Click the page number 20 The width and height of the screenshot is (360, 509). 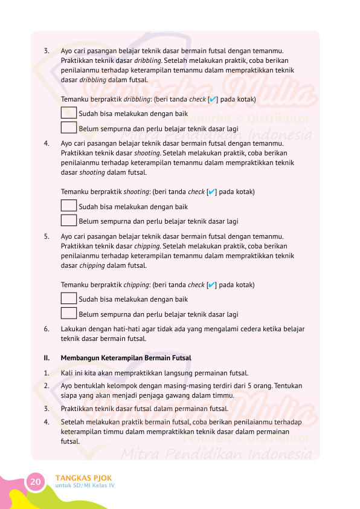(x=36, y=482)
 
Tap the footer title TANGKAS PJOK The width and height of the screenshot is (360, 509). (x=83, y=478)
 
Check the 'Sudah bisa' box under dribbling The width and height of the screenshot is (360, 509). (x=69, y=113)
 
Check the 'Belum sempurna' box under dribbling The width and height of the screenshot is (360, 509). (x=69, y=128)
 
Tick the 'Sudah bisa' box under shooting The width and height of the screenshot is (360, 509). (x=69, y=206)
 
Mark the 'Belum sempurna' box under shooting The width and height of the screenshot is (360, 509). (x=69, y=221)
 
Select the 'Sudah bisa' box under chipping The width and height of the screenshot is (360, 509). (x=69, y=299)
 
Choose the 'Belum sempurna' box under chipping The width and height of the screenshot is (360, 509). (x=69, y=313)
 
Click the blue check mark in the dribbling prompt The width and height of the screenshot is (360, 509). (x=213, y=99)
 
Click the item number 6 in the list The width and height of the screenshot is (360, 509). (x=47, y=329)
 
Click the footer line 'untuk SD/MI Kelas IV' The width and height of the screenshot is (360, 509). (x=85, y=486)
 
